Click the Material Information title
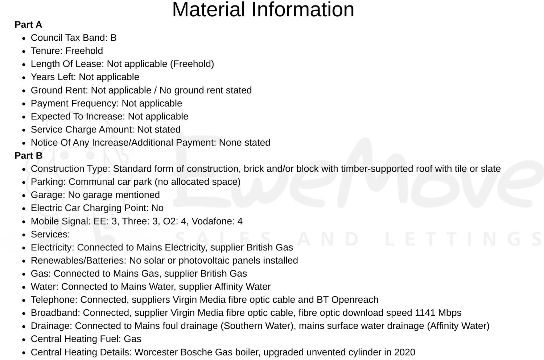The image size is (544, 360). click(x=263, y=10)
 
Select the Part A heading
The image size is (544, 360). click(x=28, y=25)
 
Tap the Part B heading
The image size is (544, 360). click(x=28, y=156)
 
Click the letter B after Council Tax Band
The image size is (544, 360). click(x=114, y=38)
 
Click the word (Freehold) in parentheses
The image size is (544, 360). click(x=192, y=64)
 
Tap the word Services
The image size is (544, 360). click(x=49, y=234)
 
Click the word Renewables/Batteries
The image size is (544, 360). click(x=77, y=261)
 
